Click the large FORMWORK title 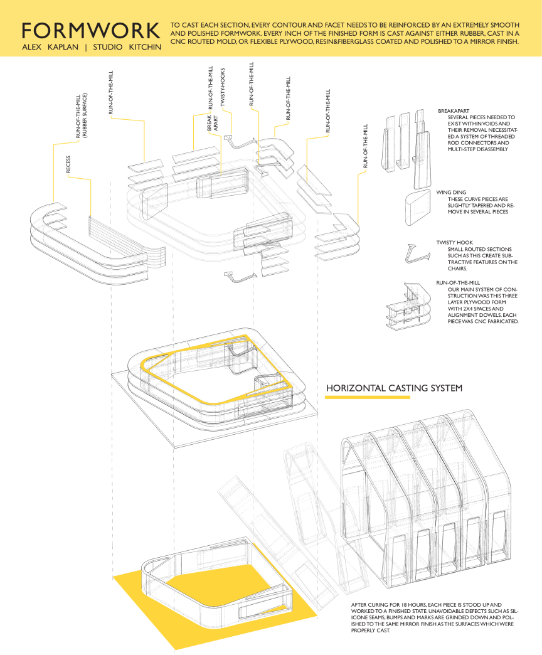pyautogui.click(x=90, y=31)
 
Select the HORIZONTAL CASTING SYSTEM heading pyautogui.click(x=394, y=388)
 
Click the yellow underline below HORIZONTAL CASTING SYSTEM pyautogui.click(x=368, y=397)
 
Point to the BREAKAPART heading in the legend pyautogui.click(x=454, y=110)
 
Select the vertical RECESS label pyautogui.click(x=68, y=164)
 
